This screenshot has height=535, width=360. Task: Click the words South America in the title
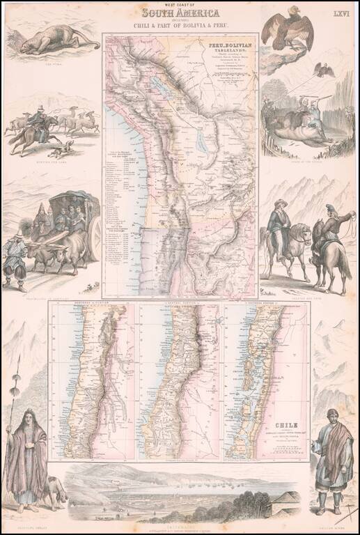(179, 13)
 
